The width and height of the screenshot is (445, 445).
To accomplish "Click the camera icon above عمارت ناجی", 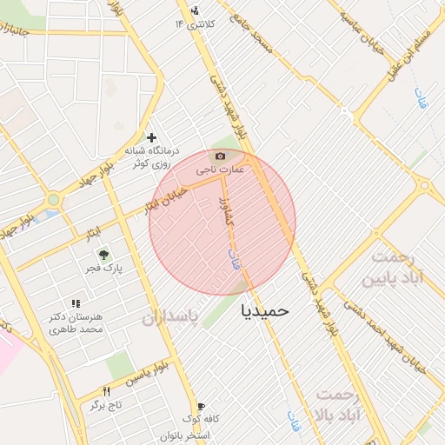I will coord(220,156).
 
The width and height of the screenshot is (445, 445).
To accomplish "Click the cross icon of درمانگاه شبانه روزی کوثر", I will coord(152,137).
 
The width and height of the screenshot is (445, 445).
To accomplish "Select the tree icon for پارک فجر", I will coord(103,255).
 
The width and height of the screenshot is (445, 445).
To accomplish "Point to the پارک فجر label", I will coord(103,269).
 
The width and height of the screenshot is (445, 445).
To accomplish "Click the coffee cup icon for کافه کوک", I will coord(202,406).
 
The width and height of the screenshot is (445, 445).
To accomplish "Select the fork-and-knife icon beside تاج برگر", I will coord(107,392).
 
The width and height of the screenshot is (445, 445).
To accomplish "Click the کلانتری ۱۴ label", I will coord(194,23).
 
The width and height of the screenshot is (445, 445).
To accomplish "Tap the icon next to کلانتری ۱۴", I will coord(194,11).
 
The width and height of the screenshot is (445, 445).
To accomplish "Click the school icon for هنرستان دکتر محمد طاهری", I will coord(76,304).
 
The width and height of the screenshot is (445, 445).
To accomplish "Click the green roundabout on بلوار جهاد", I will coord(54,200).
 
